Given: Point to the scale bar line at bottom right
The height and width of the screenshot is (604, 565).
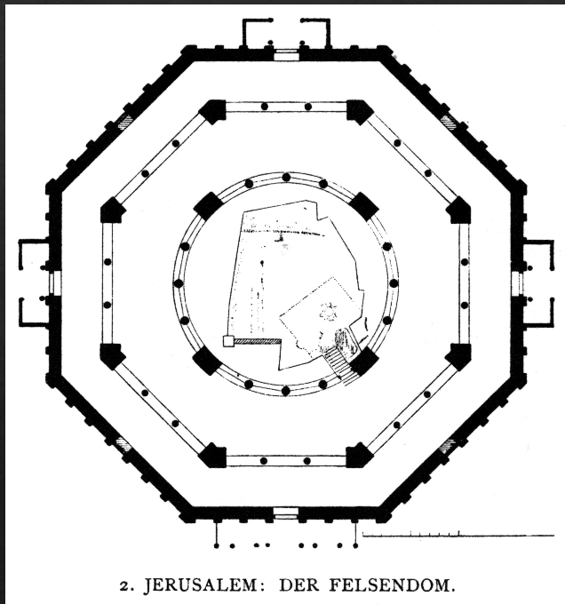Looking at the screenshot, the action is pyautogui.click(x=458, y=536).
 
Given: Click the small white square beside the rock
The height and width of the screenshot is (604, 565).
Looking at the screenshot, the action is pyautogui.click(x=228, y=340).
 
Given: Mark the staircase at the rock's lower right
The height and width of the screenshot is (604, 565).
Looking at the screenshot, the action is pyautogui.click(x=338, y=359).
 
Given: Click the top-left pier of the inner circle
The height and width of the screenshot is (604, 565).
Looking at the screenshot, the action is pyautogui.click(x=208, y=206).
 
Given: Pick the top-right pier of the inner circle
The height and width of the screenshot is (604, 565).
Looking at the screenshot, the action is pyautogui.click(x=363, y=206).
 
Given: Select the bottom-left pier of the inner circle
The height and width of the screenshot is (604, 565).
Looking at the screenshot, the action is pyautogui.click(x=208, y=360).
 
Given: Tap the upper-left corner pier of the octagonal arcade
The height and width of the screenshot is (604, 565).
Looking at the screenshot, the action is pyautogui.click(x=212, y=111).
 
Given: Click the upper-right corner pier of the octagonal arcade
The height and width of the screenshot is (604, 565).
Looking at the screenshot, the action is pyautogui.click(x=359, y=111).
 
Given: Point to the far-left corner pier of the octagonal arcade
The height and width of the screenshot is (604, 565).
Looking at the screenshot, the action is pyautogui.click(x=112, y=211).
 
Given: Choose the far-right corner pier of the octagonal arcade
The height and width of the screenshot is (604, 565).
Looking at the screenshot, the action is pyautogui.click(x=458, y=211).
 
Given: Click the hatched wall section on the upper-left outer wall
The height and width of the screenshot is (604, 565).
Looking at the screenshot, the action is pyautogui.click(x=125, y=123).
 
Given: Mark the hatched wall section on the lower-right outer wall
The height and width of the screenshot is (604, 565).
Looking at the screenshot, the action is pyautogui.click(x=447, y=444).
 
